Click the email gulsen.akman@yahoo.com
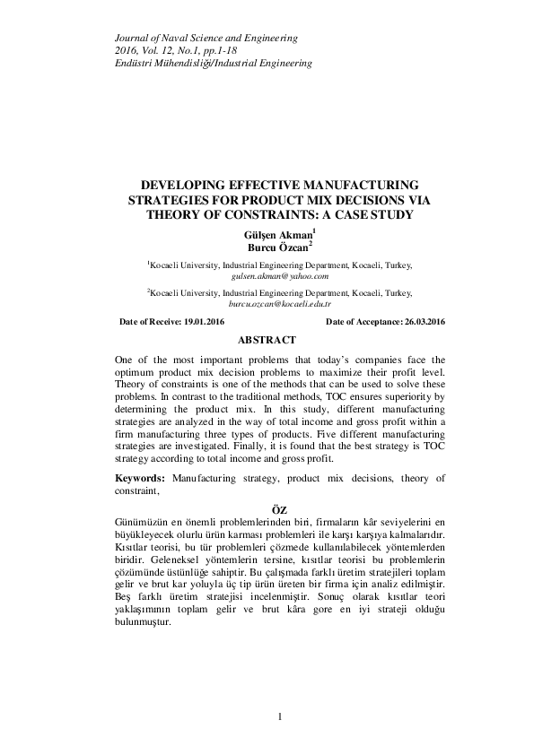tap(279, 278)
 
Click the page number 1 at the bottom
tap(280, 716)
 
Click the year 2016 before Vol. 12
tap(129, 51)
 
